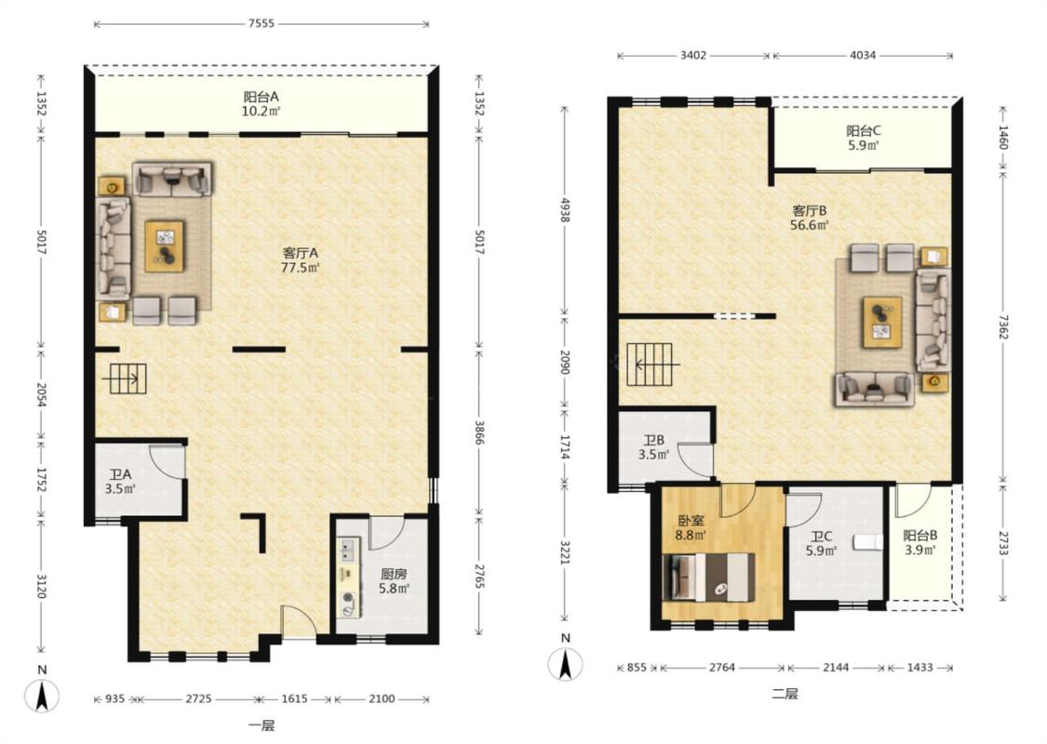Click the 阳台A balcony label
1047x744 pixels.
261,97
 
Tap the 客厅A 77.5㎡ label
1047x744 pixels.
301,260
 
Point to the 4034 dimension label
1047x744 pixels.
863,56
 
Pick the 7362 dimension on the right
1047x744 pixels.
1003,323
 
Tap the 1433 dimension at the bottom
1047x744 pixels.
919,667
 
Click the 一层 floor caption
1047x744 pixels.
262,725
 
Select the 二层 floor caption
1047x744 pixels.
785,694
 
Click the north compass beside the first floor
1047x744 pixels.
41,694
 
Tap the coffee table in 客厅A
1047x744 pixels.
165,246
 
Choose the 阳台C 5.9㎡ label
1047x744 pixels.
864,138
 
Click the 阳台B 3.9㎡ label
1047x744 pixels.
920,542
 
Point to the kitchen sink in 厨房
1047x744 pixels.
348,551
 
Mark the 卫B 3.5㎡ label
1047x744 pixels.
653,447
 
